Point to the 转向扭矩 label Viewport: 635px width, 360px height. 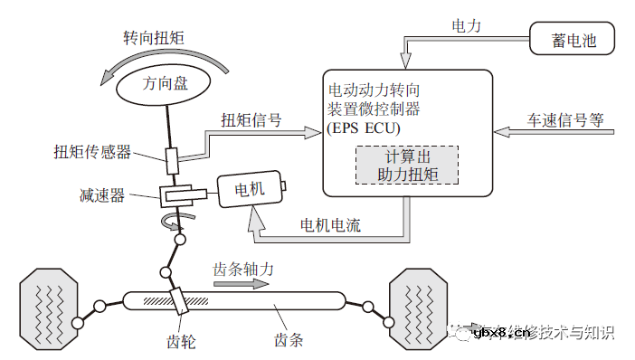coord(154,39)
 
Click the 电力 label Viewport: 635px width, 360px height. coord(467,26)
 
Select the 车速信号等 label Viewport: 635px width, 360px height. coord(565,119)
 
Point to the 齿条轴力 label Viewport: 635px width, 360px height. coord(242,270)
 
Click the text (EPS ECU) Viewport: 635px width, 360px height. coord(362,128)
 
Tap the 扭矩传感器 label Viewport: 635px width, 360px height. coord(91,151)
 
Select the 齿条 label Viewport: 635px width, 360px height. coord(288,341)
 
